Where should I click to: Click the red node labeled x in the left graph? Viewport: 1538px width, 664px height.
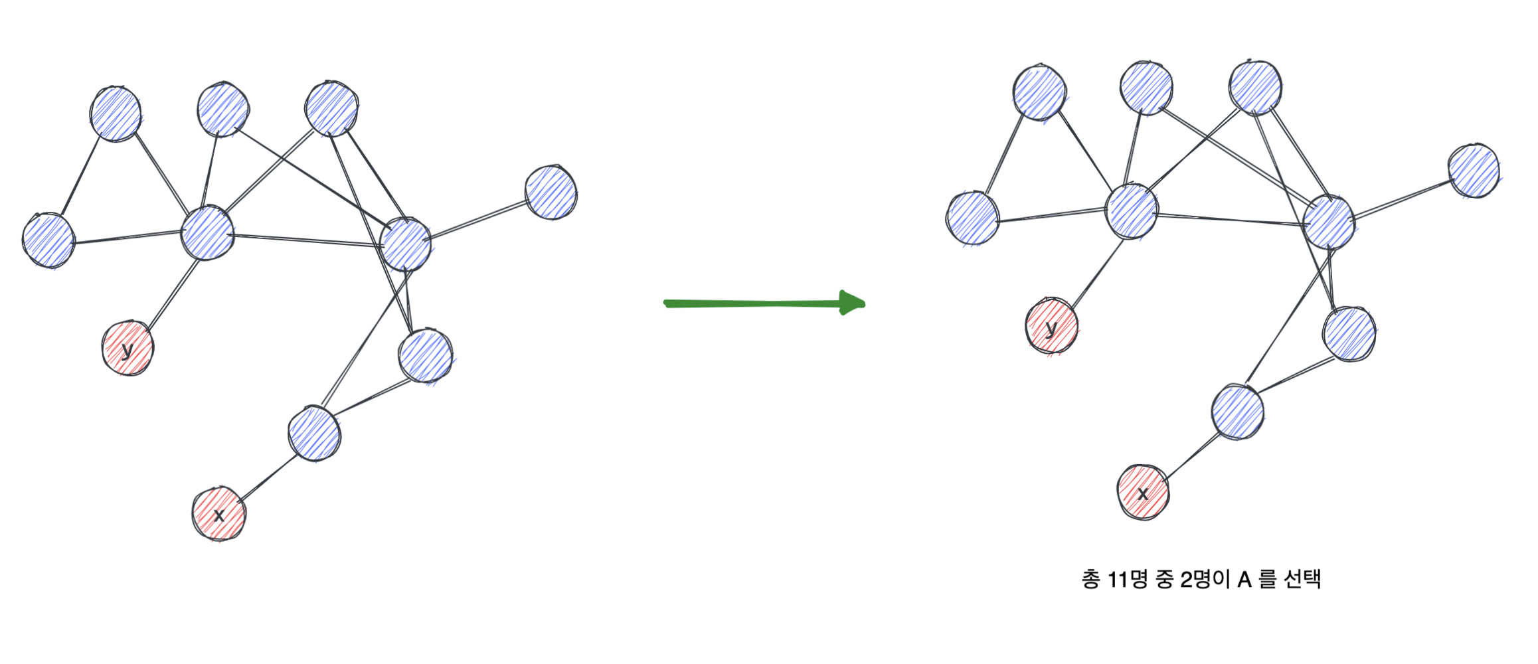click(218, 513)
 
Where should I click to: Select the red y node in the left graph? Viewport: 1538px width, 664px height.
click(128, 348)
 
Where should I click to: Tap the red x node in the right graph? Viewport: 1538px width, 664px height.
click(1143, 492)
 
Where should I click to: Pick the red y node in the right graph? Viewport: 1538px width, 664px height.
click(1051, 327)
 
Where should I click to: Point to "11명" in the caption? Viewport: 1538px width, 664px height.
click(1128, 580)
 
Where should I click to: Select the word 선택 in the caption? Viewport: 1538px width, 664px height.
click(1302, 580)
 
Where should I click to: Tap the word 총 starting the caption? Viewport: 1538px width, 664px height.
click(1090, 580)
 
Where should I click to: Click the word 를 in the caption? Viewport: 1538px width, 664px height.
click(1268, 580)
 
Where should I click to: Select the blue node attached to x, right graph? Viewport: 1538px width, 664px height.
click(1237, 412)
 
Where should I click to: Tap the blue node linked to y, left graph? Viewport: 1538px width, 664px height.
click(207, 232)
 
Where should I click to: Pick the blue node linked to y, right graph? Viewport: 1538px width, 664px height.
click(1132, 211)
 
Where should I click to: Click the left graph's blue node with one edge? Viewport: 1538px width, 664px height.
click(551, 193)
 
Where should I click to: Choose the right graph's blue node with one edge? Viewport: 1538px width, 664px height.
click(1474, 171)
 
